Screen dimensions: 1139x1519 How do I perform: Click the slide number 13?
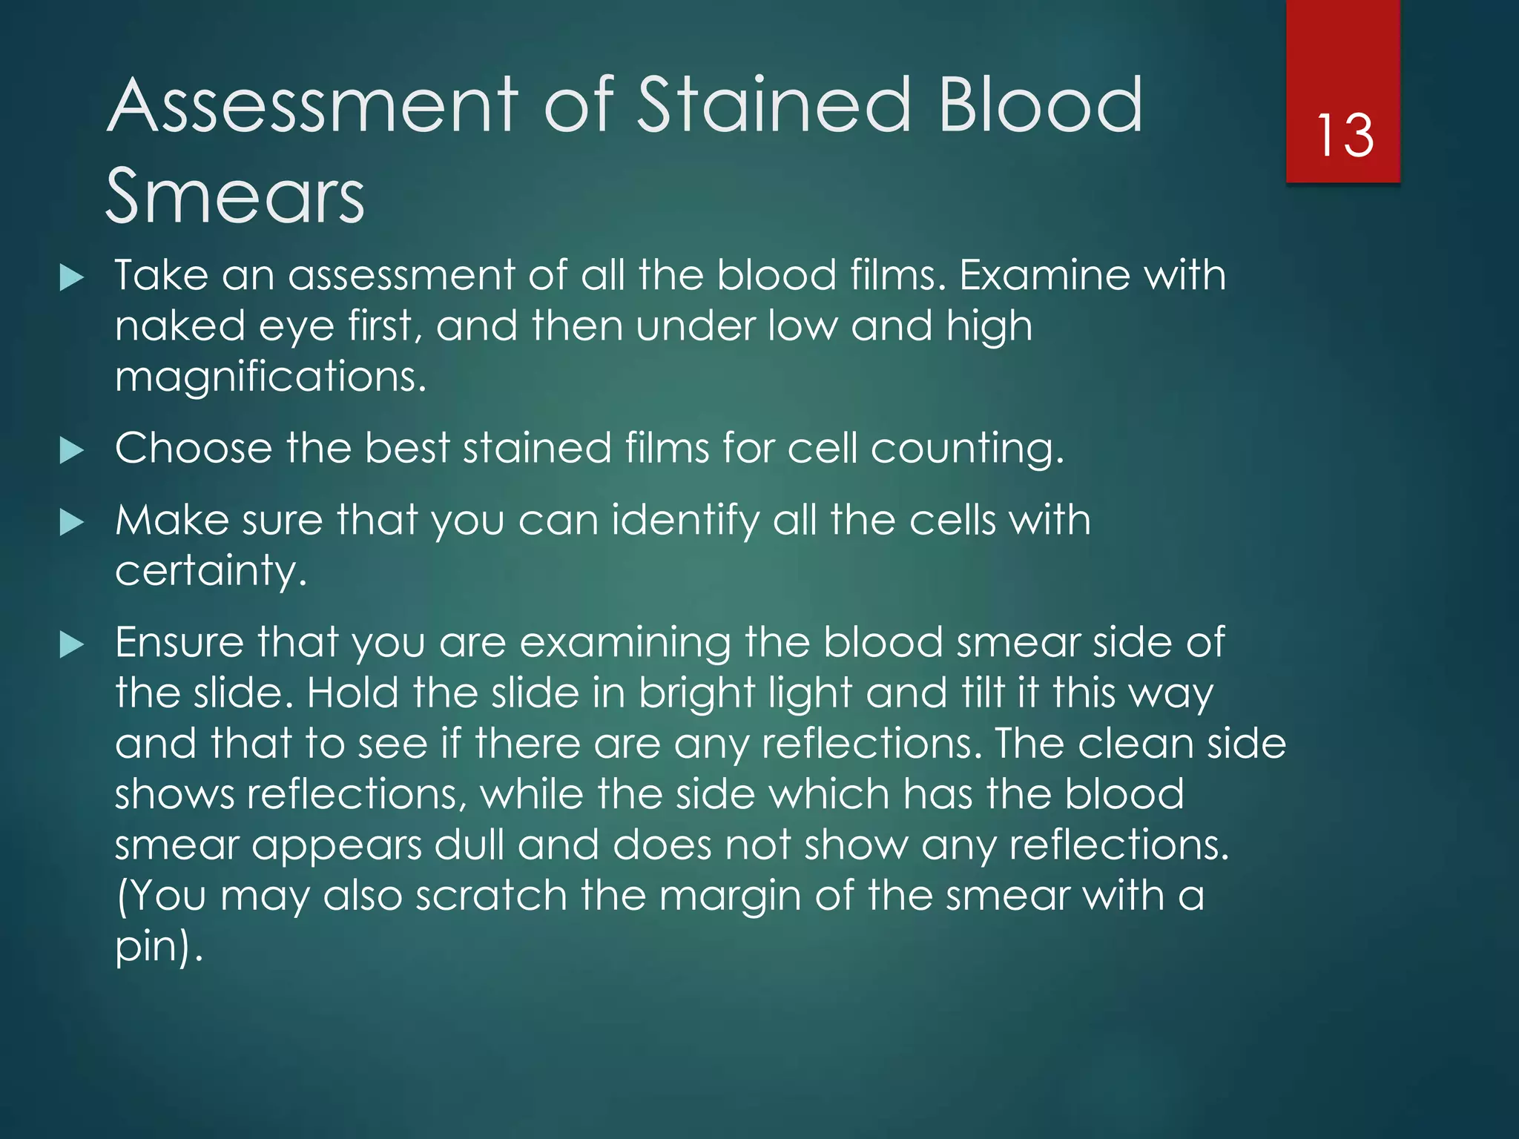(1345, 136)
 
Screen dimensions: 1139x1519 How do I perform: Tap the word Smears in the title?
(235, 196)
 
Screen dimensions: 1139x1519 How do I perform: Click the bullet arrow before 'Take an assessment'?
(71, 278)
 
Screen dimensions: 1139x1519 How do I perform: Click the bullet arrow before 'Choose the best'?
(71, 450)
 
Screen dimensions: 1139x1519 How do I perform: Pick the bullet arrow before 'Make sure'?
(71, 522)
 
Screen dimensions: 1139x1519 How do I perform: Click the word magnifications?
(271, 377)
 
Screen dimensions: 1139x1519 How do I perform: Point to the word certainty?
(211, 571)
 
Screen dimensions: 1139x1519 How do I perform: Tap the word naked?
(179, 326)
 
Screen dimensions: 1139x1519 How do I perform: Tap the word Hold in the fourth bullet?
(352, 693)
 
